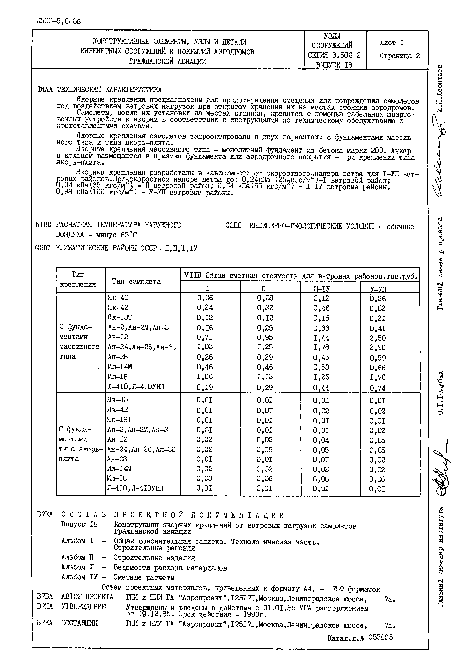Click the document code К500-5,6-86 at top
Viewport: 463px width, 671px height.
(x=59, y=21)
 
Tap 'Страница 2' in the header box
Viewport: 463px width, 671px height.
(x=400, y=56)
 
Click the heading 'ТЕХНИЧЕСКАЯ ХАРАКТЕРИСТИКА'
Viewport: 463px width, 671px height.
(x=109, y=90)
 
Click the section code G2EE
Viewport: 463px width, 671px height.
(x=233, y=226)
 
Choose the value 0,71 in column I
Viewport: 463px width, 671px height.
(x=205, y=337)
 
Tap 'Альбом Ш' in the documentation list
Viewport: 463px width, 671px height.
(x=78, y=567)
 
